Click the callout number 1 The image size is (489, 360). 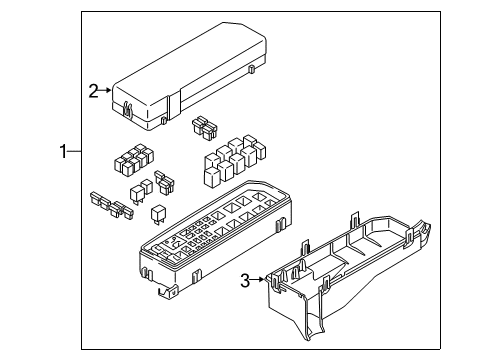[63, 151]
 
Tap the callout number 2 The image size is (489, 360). [93, 91]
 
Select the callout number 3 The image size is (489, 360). [245, 280]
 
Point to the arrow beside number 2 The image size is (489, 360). [105, 90]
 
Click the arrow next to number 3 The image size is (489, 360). [257, 280]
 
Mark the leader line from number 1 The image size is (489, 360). [74, 151]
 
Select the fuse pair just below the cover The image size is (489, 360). [204, 127]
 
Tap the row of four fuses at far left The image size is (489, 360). [111, 205]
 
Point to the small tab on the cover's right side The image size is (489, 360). [252, 69]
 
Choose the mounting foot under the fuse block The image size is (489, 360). [167, 291]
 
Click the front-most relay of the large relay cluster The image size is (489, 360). [212, 176]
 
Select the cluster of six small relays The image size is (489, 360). [134, 160]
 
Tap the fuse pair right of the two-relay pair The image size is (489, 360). [164, 183]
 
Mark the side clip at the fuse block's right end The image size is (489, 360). [281, 224]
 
